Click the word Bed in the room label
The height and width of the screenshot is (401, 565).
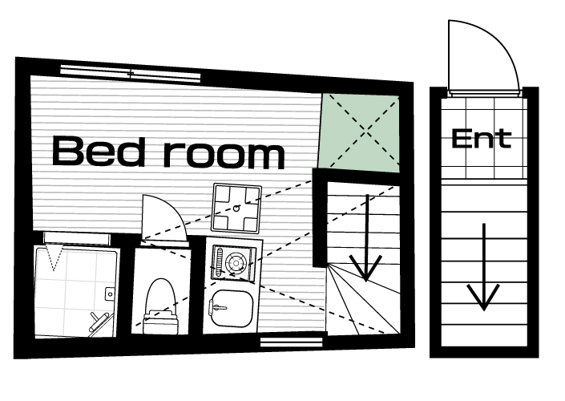[x=97, y=151]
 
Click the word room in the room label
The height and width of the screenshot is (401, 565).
[x=224, y=154]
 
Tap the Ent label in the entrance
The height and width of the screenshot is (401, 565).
[x=482, y=139]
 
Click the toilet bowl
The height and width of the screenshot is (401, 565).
[x=161, y=296]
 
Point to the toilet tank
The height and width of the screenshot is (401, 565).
[x=161, y=322]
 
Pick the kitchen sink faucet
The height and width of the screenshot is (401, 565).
[x=216, y=307]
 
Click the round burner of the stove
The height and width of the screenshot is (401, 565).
[x=236, y=263]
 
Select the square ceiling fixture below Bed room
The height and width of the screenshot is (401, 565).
[x=236, y=208]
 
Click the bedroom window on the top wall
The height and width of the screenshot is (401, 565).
[x=130, y=74]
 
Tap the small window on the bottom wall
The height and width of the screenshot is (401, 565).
[x=291, y=342]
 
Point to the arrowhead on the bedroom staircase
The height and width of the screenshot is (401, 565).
[x=365, y=268]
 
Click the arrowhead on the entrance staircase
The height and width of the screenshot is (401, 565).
[x=483, y=297]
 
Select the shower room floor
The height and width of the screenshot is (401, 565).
[x=75, y=292]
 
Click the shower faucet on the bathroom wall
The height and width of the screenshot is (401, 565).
[x=109, y=294]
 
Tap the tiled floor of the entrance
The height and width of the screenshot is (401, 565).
[x=483, y=138]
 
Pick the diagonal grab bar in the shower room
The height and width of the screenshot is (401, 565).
[x=99, y=322]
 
